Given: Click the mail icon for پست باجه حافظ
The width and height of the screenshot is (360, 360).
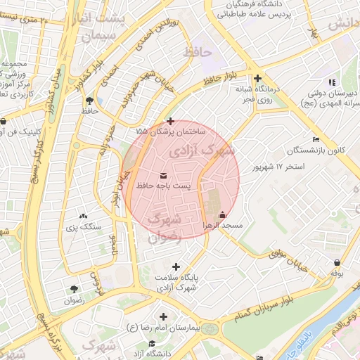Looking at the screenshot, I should [x=164, y=174].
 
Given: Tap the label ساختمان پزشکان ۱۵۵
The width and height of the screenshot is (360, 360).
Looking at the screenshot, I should [x=171, y=131].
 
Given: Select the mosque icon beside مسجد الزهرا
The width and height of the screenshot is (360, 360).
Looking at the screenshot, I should [x=223, y=215].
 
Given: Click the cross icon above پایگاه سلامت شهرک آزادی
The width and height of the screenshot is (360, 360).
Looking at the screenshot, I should [x=176, y=266].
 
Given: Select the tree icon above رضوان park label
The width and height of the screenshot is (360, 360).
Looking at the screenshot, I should [x=74, y=289].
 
